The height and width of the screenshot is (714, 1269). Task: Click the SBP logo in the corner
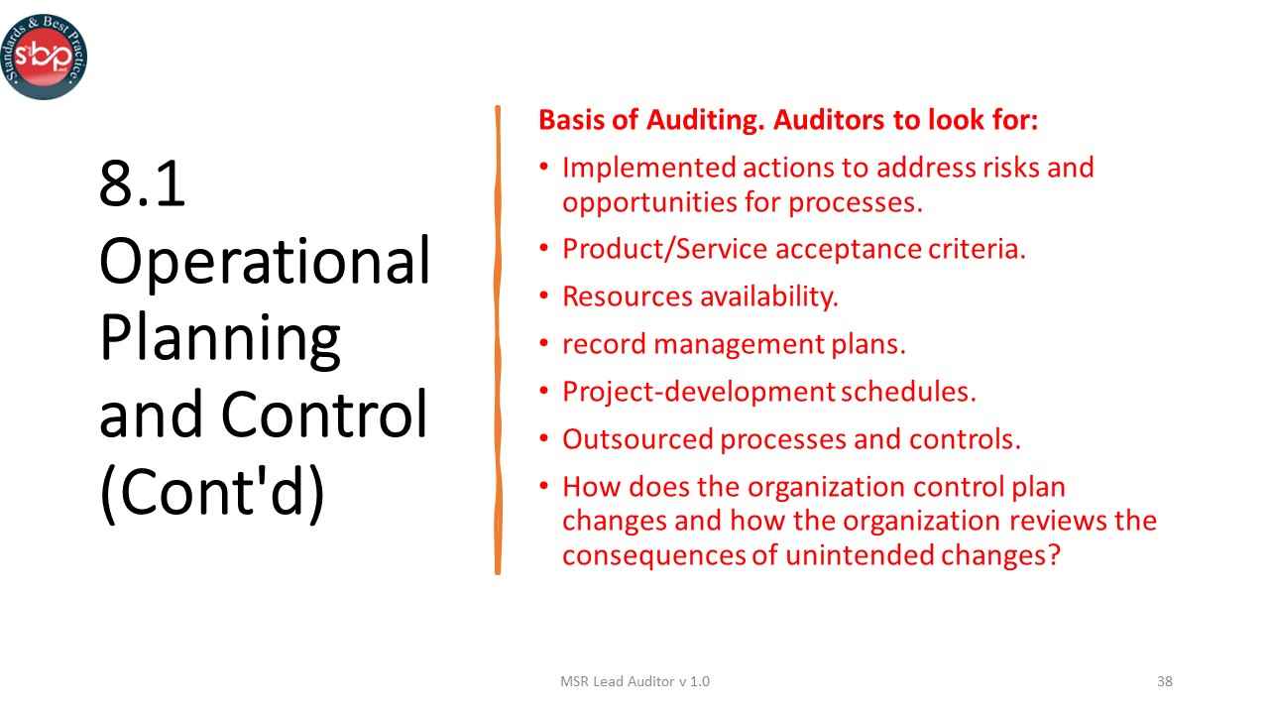click(44, 57)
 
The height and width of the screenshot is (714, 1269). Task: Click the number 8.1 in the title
click(143, 184)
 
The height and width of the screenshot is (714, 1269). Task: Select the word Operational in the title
click(265, 262)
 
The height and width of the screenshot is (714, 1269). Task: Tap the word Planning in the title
click(220, 338)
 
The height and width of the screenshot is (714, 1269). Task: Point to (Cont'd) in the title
click(212, 492)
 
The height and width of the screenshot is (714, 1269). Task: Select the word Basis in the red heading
click(570, 121)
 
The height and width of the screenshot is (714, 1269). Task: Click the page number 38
click(1165, 681)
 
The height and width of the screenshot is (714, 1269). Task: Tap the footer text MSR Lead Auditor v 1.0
click(634, 681)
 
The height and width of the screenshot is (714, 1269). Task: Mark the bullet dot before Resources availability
click(543, 296)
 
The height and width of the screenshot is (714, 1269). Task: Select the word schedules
click(908, 392)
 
